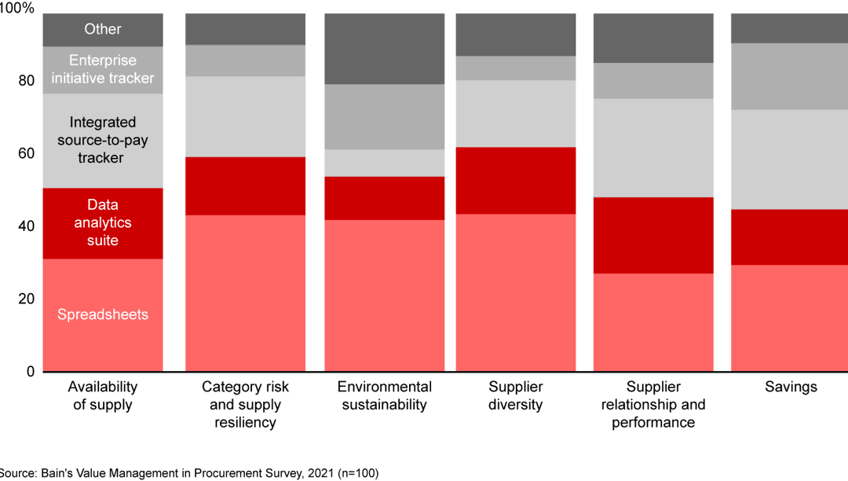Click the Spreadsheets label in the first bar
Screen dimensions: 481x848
(x=103, y=315)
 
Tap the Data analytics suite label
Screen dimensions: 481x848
(x=103, y=223)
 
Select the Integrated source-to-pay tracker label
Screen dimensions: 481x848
(x=103, y=140)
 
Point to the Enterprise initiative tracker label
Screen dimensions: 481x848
(x=103, y=69)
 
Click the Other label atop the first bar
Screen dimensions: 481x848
(x=103, y=29)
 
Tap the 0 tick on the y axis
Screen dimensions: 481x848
(x=31, y=371)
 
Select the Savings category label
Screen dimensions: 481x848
(x=791, y=387)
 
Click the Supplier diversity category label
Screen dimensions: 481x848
(x=515, y=396)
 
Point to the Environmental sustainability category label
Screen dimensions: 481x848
(x=384, y=396)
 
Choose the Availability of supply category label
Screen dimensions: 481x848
(x=103, y=396)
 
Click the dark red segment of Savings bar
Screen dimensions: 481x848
(x=789, y=237)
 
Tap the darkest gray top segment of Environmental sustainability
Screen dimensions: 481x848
(x=384, y=49)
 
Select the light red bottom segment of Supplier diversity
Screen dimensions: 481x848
(x=515, y=292)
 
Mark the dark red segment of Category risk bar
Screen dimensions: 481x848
(x=245, y=185)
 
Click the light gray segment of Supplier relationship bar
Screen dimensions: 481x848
(x=653, y=148)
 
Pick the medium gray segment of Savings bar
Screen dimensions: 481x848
(x=789, y=76)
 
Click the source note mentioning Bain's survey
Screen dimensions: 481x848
(x=188, y=473)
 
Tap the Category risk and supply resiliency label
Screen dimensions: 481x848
(x=245, y=405)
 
